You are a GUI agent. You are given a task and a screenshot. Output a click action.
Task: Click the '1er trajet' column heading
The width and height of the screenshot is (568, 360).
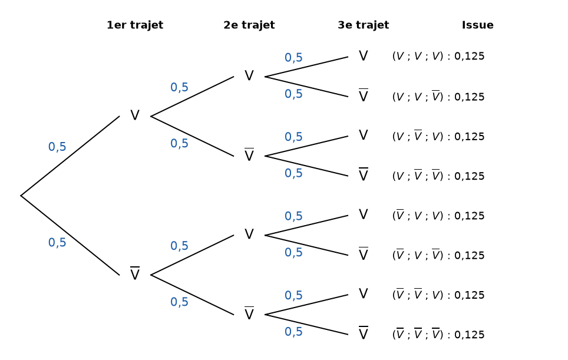135,25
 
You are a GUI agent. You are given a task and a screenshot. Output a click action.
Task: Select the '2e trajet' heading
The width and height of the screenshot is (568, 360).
249,25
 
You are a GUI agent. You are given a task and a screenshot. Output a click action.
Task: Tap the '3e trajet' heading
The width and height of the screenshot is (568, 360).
364,25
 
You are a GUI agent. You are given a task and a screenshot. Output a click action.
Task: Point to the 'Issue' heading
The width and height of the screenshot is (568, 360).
477,25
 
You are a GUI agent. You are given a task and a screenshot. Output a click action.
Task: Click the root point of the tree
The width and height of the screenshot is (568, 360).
21,196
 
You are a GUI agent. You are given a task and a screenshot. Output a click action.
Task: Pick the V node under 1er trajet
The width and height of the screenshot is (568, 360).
135,115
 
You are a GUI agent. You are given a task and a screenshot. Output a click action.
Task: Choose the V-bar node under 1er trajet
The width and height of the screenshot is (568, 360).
135,273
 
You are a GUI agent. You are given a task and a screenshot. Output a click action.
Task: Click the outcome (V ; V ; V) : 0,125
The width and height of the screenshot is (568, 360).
438,56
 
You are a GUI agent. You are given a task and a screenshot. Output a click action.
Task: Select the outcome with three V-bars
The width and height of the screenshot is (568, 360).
438,334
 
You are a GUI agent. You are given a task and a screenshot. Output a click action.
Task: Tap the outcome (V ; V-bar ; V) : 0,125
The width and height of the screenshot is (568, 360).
438,136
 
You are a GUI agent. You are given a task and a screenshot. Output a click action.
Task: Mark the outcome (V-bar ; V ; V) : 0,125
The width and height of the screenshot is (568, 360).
438,215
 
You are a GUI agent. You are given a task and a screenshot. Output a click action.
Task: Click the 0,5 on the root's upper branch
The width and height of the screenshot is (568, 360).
57,147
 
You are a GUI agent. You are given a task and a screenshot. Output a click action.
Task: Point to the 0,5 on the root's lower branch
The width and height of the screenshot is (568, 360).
57,242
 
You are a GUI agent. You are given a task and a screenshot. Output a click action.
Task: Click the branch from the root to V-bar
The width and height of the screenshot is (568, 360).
70,236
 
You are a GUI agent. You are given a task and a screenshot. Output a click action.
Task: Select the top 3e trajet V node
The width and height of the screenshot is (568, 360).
364,56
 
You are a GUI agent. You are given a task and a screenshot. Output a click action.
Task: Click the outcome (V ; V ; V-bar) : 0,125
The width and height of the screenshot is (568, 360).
438,96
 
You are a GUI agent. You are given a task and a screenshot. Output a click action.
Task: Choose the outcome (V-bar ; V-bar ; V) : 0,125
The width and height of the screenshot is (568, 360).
438,295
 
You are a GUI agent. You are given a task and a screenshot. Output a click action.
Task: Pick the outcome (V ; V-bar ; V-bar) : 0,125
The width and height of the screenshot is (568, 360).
438,176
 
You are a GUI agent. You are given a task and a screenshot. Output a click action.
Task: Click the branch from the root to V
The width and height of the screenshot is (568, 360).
70,156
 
